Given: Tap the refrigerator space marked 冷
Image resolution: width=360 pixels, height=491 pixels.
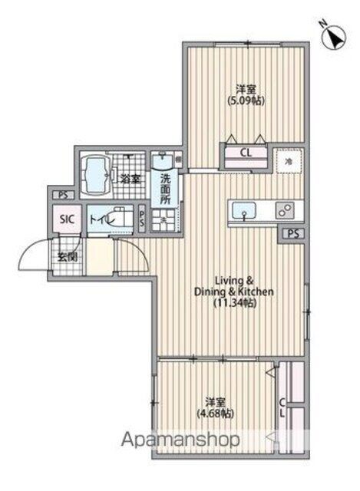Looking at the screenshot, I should click(289, 161).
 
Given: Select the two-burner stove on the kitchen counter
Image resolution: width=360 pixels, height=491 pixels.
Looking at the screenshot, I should click(286, 209).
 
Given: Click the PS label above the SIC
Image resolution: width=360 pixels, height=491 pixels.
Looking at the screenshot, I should click(61, 195).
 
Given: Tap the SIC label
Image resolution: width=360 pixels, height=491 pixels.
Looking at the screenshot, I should click(68, 219).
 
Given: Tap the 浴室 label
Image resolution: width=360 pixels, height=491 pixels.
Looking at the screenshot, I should click(130, 180).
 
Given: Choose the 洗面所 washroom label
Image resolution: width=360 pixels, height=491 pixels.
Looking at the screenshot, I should click(166, 189).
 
